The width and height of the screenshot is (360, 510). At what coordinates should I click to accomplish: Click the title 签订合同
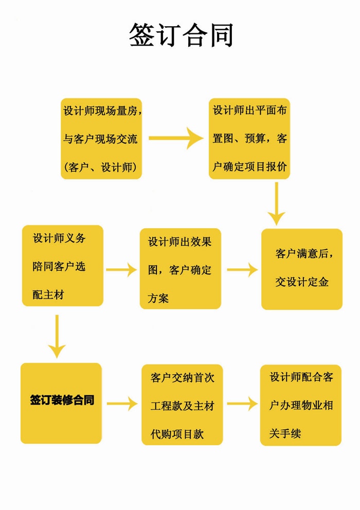pyautogui.click(x=181, y=35)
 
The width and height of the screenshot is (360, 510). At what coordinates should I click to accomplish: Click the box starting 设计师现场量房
pyautogui.click(x=101, y=139)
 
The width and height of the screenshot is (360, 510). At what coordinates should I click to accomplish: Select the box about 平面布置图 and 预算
pyautogui.click(x=249, y=139)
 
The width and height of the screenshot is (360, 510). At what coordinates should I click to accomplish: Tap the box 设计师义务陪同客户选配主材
pyautogui.click(x=63, y=266)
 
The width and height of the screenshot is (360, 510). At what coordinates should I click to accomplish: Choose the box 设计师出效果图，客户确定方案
pyautogui.click(x=180, y=269)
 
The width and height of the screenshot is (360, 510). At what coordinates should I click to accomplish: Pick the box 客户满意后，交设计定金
pyautogui.click(x=302, y=269)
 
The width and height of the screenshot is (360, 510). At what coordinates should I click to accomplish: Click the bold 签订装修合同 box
pyautogui.click(x=61, y=403)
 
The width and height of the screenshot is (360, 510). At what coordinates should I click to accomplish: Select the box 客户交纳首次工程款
pyautogui.click(x=182, y=405)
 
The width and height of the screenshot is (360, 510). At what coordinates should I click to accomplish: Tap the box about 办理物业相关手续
pyautogui.click(x=301, y=405)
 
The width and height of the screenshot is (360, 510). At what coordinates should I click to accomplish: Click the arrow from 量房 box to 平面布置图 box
pyautogui.click(x=176, y=138)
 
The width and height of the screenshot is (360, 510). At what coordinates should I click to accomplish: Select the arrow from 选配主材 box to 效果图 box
pyautogui.click(x=121, y=269)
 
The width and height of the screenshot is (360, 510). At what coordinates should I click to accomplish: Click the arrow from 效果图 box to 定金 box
pyautogui.click(x=242, y=269)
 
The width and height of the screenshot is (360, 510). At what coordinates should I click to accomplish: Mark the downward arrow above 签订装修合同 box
pyautogui.click(x=57, y=336)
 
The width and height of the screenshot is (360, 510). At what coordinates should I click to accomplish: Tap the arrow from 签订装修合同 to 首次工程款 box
pyautogui.click(x=122, y=404)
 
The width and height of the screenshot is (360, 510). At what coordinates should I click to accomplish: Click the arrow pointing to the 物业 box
pyautogui.click(x=242, y=404)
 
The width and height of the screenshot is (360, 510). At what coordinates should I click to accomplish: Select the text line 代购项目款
pyautogui.click(x=177, y=434)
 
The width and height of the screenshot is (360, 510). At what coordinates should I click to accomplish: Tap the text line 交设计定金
pyautogui.click(x=302, y=282)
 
